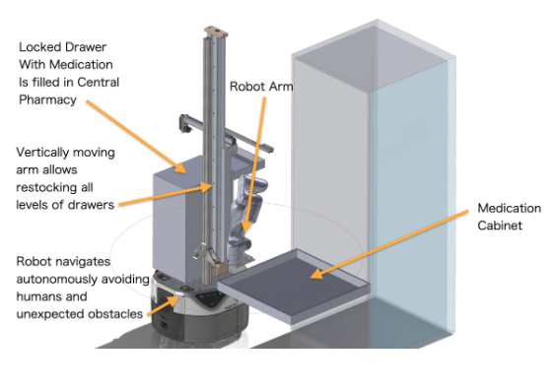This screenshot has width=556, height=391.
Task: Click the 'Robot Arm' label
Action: (x=261, y=87)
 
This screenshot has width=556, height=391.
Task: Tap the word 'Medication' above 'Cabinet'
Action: (x=510, y=208)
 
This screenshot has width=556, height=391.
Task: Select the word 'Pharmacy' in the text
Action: (x=47, y=99)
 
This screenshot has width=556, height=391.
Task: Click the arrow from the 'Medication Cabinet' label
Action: (x=389, y=244)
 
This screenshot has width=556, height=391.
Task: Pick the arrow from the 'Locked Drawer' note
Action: (x=136, y=137)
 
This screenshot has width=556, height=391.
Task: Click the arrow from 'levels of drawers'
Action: (x=166, y=194)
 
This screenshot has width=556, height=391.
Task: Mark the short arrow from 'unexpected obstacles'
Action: (x=164, y=304)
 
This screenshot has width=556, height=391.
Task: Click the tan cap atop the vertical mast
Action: (x=216, y=32)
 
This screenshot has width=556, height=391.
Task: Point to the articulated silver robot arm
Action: (x=245, y=219)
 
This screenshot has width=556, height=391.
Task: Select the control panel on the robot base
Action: (x=210, y=299)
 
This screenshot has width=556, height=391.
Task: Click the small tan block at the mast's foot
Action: (x=220, y=269)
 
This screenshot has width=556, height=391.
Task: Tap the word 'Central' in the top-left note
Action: (x=98, y=82)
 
